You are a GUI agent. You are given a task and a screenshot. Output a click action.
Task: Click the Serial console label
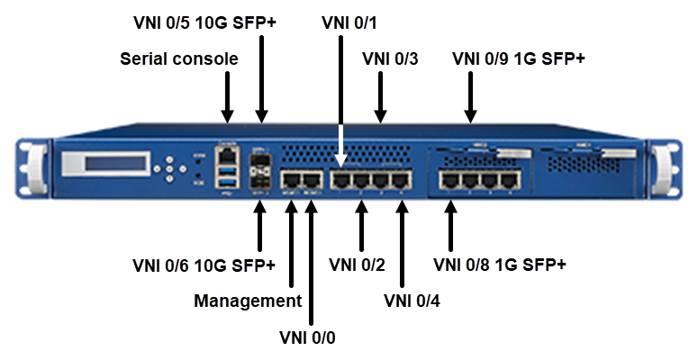(178, 59)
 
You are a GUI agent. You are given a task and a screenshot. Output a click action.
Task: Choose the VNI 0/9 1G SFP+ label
(518, 59)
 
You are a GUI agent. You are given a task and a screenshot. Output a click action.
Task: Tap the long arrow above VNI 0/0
(311, 261)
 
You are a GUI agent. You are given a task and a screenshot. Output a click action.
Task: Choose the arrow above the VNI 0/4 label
(402, 242)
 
